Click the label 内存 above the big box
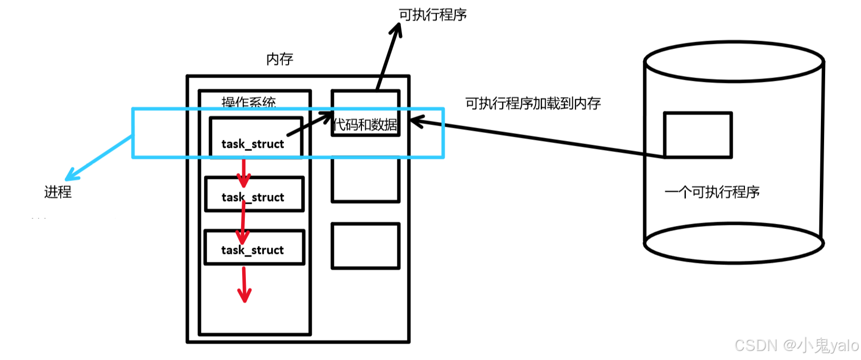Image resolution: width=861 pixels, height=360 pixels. (x=280, y=59)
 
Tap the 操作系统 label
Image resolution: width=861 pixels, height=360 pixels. (x=248, y=102)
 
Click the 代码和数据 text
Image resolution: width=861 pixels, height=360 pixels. (x=366, y=125)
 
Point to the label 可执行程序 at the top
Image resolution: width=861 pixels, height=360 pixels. (x=433, y=15)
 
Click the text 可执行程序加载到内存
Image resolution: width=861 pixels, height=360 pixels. (x=533, y=103)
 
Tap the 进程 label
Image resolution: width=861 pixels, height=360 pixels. (x=58, y=192)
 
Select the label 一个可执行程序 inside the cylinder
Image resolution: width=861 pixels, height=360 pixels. (x=712, y=192)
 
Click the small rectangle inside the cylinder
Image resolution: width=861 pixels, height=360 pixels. (x=697, y=135)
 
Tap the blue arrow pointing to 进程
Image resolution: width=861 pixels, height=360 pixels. (x=98, y=158)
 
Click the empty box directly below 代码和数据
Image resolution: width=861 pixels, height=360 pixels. (x=365, y=179)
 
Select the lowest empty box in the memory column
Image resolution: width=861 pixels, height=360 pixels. (x=365, y=246)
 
